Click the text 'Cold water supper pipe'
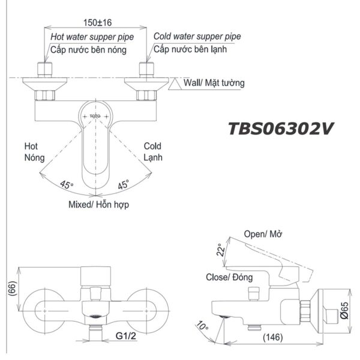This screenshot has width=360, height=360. click(197, 37)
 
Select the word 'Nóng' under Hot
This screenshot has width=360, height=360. click(34, 157)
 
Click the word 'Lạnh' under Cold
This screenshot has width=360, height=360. click(153, 157)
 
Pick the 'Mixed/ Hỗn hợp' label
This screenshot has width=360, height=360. click(98, 205)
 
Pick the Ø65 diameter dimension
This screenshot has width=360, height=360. click(344, 310)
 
